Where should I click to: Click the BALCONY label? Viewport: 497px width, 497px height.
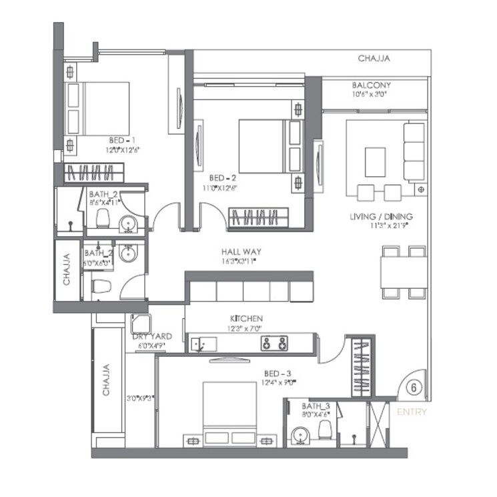[371, 85]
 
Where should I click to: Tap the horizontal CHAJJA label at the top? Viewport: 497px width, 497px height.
[374, 59]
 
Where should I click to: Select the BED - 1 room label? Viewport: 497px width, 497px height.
[122, 140]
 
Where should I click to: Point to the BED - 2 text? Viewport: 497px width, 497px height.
[223, 178]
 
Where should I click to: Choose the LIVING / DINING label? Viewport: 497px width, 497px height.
[381, 217]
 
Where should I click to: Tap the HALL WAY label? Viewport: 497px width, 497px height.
[241, 252]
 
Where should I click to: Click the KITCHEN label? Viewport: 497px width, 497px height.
[246, 319]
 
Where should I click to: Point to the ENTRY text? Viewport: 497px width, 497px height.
[412, 412]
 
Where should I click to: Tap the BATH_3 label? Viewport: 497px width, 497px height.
[312, 406]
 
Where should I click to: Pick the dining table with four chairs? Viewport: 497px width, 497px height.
[403, 272]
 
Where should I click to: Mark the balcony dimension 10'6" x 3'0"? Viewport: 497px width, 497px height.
[371, 95]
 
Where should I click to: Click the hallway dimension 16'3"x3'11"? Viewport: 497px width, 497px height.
[241, 262]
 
